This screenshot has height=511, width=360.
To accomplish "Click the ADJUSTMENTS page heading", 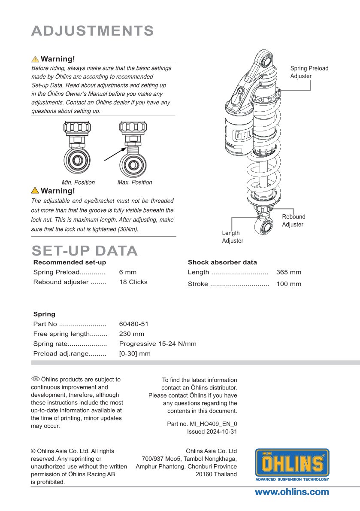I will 93,31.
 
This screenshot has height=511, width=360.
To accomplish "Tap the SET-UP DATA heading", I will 85,251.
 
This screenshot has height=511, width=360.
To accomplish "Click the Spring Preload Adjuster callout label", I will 309,72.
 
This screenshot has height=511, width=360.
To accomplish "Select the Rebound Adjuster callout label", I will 293,221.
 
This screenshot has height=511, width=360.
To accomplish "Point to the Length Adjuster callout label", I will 233,237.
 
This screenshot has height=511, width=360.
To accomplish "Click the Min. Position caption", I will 78,182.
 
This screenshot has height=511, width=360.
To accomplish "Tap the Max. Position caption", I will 135,182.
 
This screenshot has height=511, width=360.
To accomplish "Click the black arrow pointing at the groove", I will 115,154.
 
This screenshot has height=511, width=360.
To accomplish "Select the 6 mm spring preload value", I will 128,272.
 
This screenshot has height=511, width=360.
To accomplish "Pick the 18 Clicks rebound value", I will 133,282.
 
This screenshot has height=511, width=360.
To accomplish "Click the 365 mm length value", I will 289,272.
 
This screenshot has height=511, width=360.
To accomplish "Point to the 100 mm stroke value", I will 289,284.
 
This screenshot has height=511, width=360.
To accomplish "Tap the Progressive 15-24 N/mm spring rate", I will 157,344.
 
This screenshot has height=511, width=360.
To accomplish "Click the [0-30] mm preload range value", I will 135,354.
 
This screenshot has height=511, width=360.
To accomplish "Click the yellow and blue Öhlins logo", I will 292,465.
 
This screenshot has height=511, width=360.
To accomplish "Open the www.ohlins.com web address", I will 292,493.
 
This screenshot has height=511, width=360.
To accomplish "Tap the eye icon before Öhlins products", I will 35,379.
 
